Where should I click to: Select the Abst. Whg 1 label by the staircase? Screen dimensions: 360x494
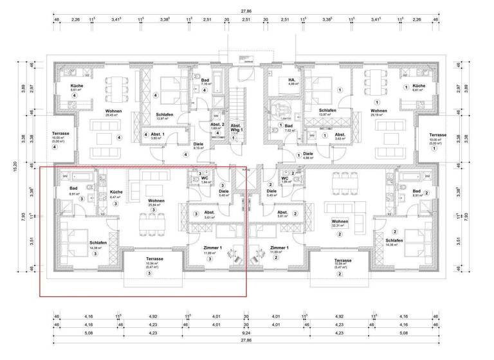tap(236, 127)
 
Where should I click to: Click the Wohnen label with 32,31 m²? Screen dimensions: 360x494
tap(340, 222)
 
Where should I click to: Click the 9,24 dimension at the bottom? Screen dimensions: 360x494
tap(246, 334)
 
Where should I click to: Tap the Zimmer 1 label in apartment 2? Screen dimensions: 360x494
tap(279, 248)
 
